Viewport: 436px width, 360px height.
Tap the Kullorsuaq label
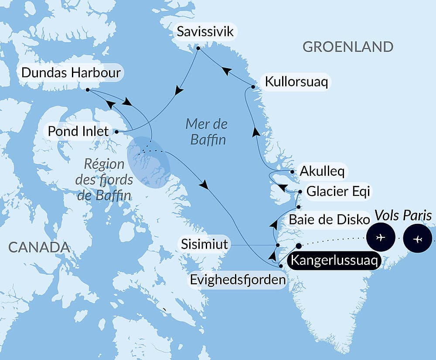[x=296, y=82]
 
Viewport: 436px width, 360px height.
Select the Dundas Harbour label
[x=71, y=73]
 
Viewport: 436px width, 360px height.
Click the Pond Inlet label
[x=78, y=131]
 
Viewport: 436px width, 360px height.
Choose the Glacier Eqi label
[x=339, y=191]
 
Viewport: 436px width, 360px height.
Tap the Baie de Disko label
[x=329, y=220]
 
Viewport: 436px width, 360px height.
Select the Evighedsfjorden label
[x=238, y=280]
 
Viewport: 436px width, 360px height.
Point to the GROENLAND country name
[x=348, y=47]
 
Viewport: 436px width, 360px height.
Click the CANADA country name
[x=39, y=247]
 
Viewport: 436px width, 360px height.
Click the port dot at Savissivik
[x=198, y=48]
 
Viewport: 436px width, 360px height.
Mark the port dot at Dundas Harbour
[x=88, y=90]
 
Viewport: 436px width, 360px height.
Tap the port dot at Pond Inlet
[x=116, y=131]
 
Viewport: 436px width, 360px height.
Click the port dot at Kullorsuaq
[x=253, y=87]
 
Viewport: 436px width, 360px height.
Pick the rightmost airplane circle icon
[x=418, y=239]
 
